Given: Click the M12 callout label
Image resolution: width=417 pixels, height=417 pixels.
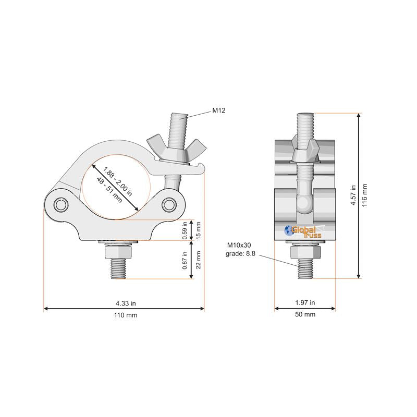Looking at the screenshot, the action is [x=218, y=111].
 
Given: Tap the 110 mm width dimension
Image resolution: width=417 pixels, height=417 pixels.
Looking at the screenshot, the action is [x=126, y=315].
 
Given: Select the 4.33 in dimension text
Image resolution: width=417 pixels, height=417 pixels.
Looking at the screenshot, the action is [x=126, y=303].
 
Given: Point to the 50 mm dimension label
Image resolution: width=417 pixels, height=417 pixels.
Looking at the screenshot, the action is [x=305, y=314].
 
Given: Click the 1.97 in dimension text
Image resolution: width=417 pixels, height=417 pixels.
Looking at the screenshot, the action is [x=305, y=303].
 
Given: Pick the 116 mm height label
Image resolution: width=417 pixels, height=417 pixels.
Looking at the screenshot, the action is [x=364, y=195].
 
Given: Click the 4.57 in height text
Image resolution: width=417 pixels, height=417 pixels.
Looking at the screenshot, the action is [x=353, y=195].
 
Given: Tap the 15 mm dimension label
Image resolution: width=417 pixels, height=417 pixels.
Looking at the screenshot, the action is [x=198, y=230].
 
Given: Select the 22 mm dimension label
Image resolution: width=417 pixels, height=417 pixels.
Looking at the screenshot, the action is [x=198, y=260].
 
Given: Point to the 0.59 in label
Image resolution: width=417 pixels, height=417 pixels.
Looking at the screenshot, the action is [x=185, y=230].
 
